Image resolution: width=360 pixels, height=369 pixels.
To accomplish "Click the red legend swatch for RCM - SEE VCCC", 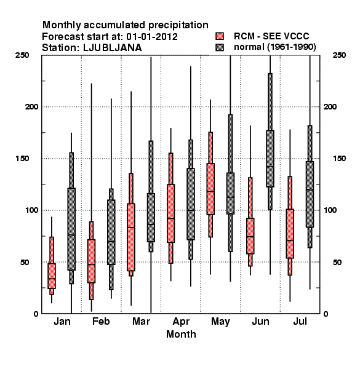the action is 220,36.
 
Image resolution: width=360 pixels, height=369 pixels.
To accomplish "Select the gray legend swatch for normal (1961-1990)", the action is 220,47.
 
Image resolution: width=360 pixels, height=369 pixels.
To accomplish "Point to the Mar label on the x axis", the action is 141,322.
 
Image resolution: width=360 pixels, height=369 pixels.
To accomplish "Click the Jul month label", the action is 300,322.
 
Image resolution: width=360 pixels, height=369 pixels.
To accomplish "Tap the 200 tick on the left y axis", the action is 31,106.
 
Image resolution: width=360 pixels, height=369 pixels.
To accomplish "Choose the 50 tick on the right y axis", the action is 337,262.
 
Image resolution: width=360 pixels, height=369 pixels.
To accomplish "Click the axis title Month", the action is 181,334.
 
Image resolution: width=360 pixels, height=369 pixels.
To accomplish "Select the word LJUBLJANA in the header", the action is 113,48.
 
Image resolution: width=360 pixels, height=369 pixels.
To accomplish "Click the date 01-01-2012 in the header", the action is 152,37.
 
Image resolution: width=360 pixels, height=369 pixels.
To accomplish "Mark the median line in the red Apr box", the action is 170,218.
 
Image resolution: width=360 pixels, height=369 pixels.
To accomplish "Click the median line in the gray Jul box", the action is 310,189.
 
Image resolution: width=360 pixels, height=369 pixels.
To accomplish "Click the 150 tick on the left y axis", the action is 22,159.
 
